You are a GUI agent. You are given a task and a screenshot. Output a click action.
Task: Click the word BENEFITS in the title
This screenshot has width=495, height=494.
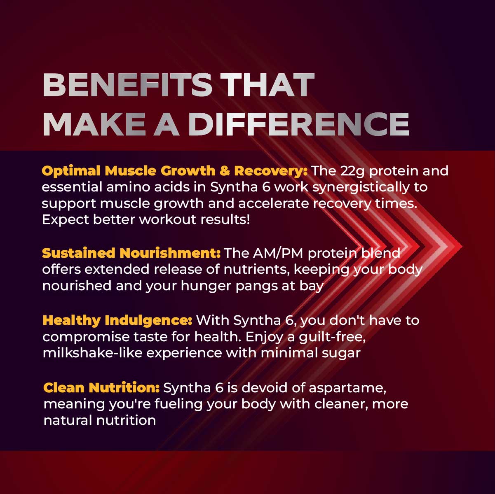tap(128, 85)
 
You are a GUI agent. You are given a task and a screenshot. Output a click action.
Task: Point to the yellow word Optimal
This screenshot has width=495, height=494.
tap(71, 171)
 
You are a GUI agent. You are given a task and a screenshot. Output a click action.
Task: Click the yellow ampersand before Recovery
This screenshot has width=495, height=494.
tap(225, 171)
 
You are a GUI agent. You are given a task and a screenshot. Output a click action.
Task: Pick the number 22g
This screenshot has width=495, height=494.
tap(352, 171)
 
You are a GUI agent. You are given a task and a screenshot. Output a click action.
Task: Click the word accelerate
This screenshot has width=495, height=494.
tap(274, 204)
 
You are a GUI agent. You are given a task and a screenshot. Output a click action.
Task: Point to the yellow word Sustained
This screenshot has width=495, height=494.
tap(79, 253)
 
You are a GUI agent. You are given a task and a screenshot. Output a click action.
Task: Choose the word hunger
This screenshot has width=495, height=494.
tap(206, 286)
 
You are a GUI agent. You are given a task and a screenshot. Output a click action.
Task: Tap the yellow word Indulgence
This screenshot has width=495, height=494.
tap(148, 321)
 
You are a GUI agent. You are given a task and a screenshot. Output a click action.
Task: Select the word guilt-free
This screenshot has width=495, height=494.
tap(332, 337)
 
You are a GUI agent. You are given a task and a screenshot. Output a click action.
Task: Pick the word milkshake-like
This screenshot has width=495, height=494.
tap(92, 353)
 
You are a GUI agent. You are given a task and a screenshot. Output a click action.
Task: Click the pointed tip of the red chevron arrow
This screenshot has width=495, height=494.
tap(462, 247)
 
